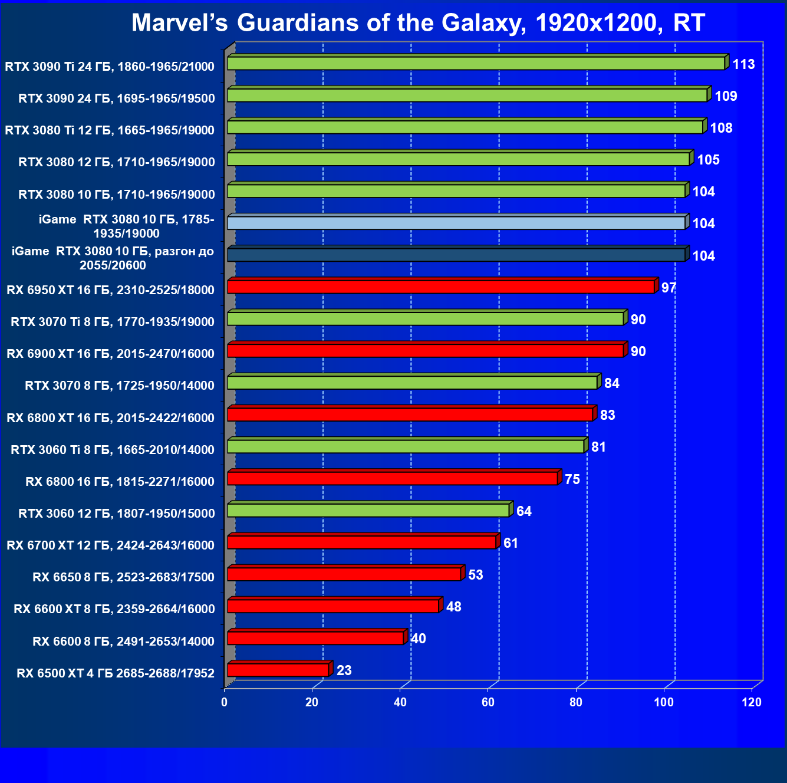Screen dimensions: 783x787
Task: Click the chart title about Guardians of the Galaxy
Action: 418,23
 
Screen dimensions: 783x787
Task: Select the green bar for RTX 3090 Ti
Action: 476,63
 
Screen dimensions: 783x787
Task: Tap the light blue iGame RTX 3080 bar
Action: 456,223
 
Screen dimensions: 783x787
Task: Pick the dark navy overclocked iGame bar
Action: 456,255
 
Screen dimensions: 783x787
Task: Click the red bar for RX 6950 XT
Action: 440,287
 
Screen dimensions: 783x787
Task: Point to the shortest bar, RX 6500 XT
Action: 278,670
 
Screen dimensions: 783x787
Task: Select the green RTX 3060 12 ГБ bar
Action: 368,511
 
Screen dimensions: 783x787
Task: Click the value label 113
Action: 743,64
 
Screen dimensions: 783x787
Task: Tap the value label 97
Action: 669,288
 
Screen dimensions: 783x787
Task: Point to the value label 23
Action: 344,670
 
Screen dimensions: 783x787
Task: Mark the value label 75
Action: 572,479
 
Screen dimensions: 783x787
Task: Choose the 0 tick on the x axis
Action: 224,702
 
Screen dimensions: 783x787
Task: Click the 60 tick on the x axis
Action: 488,702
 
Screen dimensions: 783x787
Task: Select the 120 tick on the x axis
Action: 752,702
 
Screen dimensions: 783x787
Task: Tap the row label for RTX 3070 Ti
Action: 113,322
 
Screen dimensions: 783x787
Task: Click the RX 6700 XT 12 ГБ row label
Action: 110,545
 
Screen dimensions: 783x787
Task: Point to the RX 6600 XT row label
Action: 114,609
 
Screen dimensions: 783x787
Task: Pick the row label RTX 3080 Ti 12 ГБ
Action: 110,130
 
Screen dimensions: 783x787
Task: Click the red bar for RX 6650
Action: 344,574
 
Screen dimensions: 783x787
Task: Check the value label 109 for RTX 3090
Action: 726,96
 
